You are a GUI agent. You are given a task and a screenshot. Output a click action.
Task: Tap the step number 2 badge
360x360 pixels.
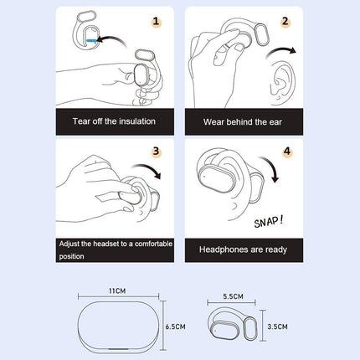coord(285,23)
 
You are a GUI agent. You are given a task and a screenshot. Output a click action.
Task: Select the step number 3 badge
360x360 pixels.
coord(155,152)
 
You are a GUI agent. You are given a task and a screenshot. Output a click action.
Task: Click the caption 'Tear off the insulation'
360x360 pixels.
coord(116,121)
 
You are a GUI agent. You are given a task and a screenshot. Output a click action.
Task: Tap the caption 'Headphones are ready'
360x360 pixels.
coord(243,249)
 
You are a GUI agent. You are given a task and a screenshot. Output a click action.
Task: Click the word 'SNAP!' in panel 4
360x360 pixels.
coord(269,221)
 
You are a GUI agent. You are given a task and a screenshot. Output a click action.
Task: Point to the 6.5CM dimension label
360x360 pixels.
coord(176,327)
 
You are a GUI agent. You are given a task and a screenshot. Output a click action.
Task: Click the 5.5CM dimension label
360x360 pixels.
coord(234,296)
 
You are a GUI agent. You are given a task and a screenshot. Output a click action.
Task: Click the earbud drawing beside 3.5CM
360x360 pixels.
coord(232,326)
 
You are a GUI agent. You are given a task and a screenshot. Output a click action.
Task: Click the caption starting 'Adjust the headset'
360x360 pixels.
coord(116,249)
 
